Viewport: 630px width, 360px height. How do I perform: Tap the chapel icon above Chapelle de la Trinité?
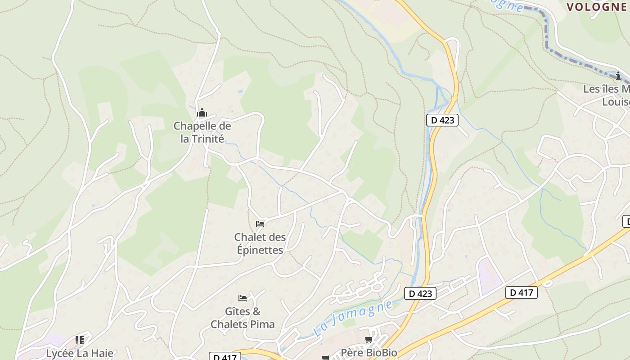tap(202, 112)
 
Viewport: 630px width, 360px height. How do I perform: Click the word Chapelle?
tap(196, 126)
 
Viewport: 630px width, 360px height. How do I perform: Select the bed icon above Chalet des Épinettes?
tap(260, 224)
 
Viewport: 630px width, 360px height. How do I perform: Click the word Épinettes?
tap(260, 250)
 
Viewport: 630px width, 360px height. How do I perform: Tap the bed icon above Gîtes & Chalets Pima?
tap(243, 298)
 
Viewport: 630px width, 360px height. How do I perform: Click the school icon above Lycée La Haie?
tap(80, 340)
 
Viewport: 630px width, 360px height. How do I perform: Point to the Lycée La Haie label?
tap(80, 353)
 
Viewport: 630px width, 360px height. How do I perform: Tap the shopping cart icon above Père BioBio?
tap(369, 339)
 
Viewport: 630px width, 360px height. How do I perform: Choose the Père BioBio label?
tap(369, 352)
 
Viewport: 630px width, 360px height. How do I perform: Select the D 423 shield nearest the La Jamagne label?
tap(421, 293)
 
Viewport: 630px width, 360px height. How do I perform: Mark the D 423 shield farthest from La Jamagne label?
tap(442, 120)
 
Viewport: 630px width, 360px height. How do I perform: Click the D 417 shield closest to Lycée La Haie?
tap(225, 357)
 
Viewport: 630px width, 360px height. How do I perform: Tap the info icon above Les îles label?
tap(618, 75)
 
